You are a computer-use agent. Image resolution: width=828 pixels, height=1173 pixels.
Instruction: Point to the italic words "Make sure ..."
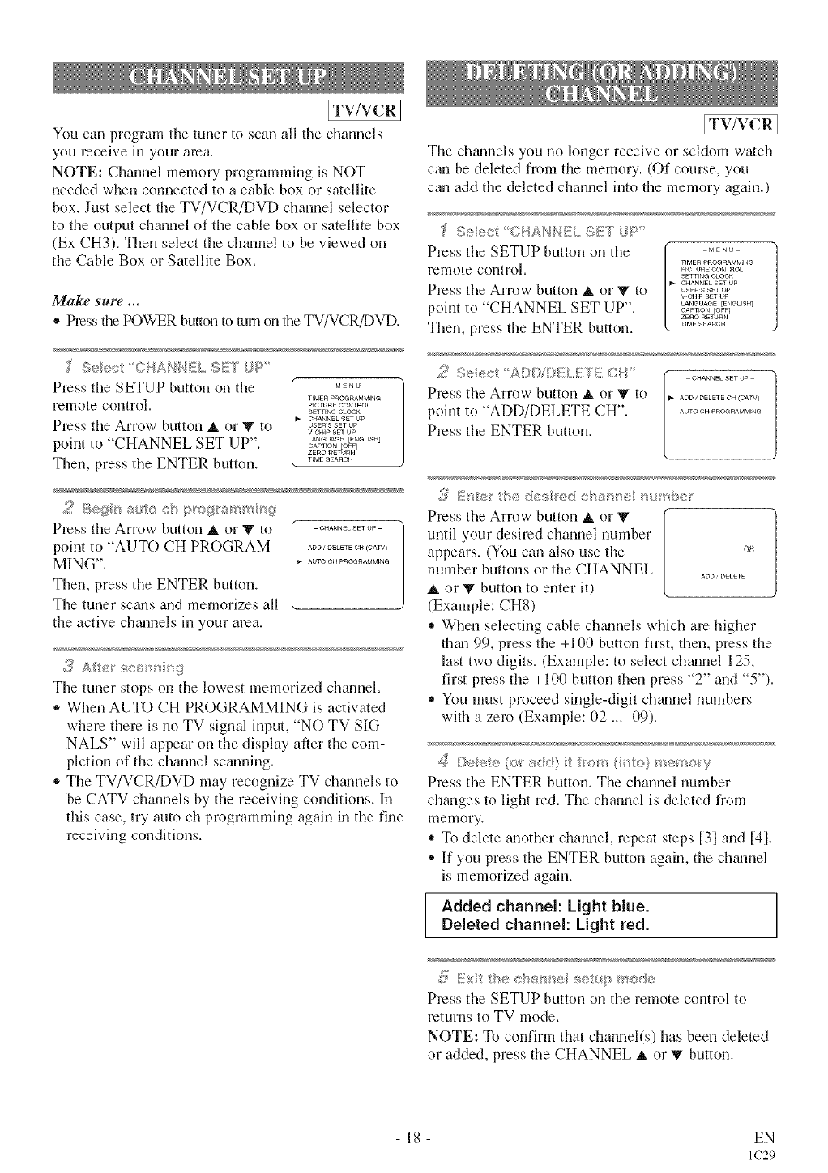pyautogui.click(x=86, y=301)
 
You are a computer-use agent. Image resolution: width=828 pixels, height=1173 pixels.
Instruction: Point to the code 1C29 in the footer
pyautogui.click(x=763, y=1154)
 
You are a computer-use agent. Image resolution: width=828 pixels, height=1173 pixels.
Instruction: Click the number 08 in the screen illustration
pyautogui.click(x=748, y=549)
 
